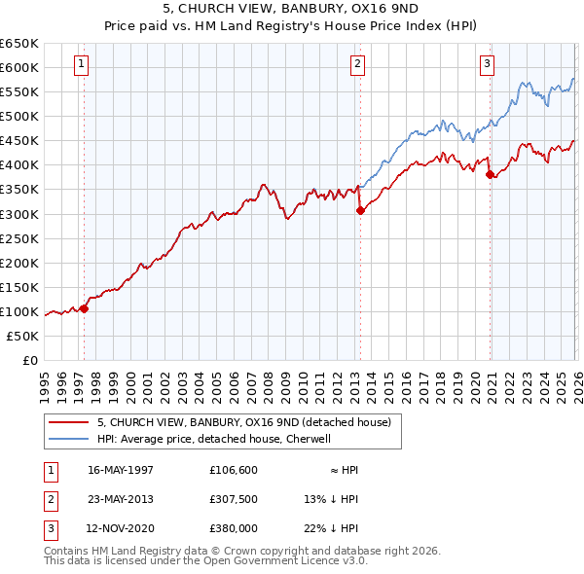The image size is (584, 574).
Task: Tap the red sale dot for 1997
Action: (x=85, y=308)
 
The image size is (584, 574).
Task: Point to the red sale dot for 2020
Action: (x=490, y=175)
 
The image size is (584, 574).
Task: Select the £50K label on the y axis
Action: (x=23, y=336)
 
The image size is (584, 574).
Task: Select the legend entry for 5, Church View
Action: (x=243, y=422)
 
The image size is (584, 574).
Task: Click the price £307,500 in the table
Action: (x=235, y=499)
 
